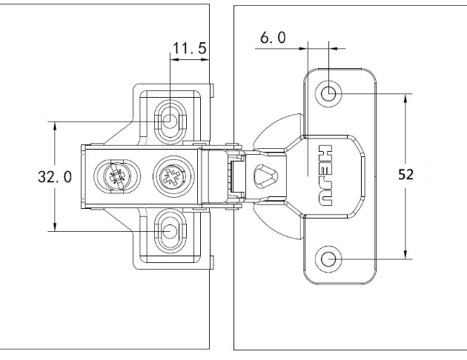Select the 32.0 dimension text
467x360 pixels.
click(x=56, y=177)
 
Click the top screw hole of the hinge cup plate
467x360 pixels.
click(x=329, y=94)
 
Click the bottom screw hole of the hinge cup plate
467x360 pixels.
click(x=329, y=259)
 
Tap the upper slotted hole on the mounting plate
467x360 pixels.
click(x=170, y=119)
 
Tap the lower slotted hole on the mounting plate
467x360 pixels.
click(x=170, y=232)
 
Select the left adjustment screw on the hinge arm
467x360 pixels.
click(x=114, y=176)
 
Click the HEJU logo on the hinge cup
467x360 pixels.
click(x=327, y=176)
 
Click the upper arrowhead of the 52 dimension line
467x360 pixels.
click(x=405, y=98)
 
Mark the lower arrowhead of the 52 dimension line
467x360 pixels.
click(x=405, y=255)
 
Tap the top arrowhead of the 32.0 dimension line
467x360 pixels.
click(x=55, y=124)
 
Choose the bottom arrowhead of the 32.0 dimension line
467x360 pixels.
click(x=55, y=227)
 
